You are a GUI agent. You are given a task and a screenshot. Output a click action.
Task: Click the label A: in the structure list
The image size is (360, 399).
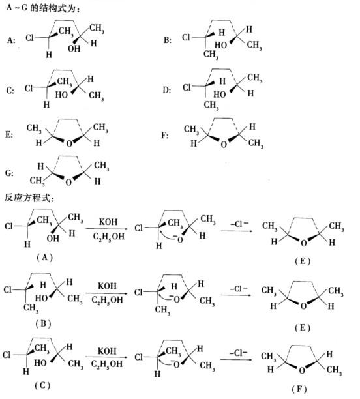(x=10, y=40)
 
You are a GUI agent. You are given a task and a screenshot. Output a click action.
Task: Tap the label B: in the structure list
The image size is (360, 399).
(x=167, y=40)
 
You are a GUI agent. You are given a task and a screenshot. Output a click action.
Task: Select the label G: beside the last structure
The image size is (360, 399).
(x=9, y=173)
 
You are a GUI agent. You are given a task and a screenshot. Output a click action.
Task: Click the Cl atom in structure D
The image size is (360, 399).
(x=187, y=87)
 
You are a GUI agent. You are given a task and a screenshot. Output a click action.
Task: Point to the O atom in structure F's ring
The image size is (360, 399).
(x=224, y=144)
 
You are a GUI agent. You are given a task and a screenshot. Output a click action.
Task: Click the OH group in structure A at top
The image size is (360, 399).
(x=74, y=48)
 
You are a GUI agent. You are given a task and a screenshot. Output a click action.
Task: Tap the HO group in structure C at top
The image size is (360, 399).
(x=61, y=95)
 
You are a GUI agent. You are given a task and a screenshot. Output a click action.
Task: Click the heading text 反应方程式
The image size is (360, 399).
(x=27, y=198)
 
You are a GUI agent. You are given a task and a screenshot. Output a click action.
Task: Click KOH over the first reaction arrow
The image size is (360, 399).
(x=108, y=222)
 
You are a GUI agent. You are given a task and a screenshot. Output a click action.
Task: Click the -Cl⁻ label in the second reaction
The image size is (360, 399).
(x=239, y=289)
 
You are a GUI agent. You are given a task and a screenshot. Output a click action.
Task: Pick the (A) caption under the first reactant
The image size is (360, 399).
(x=44, y=258)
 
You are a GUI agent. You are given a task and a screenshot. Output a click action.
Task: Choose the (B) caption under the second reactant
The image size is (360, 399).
(x=43, y=323)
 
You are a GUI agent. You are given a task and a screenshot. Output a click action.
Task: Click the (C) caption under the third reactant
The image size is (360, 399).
(x=42, y=385)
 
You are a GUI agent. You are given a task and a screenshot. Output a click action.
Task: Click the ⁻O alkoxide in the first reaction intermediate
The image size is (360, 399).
(x=178, y=239)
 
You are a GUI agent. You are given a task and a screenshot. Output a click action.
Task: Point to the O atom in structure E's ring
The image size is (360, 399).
(x=69, y=144)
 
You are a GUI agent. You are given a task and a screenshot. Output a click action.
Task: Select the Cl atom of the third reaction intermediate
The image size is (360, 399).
(x=138, y=357)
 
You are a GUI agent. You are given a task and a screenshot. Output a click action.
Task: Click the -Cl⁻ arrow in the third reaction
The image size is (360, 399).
(x=237, y=359)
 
